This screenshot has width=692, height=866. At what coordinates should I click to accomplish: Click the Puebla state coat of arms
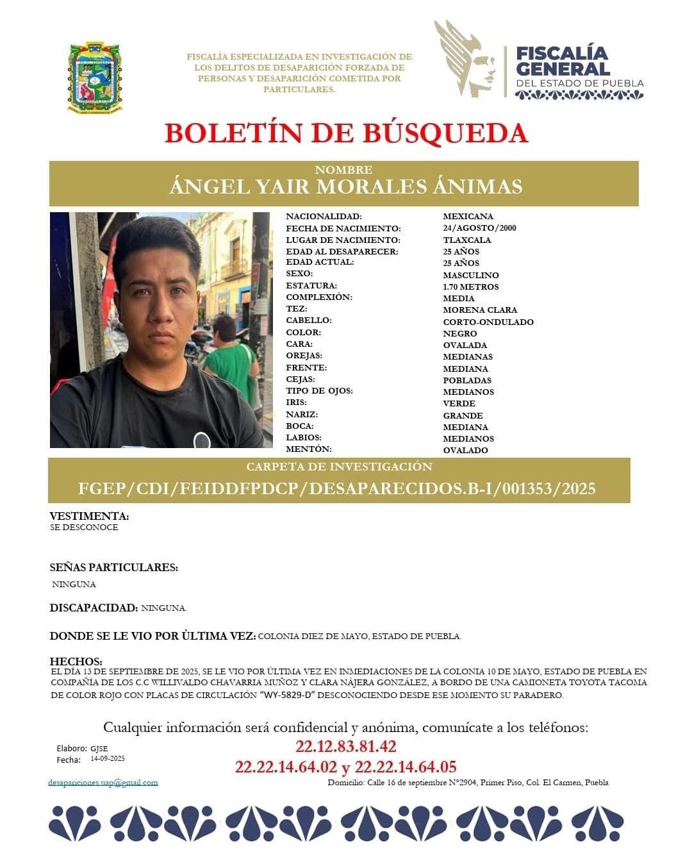coord(95,78)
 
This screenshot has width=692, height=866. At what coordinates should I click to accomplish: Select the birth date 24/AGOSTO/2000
coord(479,228)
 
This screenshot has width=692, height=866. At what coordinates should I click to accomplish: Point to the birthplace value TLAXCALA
coord(467,240)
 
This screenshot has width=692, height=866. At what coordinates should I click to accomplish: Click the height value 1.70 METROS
coord(470,287)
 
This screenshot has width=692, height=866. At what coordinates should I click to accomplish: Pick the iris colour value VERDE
coord(459,403)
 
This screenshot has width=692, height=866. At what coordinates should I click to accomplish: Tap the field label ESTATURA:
coord(311,286)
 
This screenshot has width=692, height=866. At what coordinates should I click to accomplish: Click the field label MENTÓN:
coord(309,449)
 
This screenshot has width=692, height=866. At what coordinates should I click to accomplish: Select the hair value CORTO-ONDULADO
coord(488,322)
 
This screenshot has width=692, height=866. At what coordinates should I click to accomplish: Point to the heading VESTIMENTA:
coord(89,516)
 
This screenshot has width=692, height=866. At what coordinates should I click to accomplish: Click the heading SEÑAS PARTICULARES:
coord(114,567)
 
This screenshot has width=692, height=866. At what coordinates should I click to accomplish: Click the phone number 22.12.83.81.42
coord(346,746)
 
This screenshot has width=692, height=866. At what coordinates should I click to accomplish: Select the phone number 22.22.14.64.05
coord(406,767)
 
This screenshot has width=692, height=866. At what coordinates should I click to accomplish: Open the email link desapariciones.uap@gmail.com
coord(103,782)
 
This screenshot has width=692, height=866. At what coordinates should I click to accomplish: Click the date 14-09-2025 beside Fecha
coord(108,759)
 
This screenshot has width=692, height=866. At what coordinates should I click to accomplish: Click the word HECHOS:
coord(76,661)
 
